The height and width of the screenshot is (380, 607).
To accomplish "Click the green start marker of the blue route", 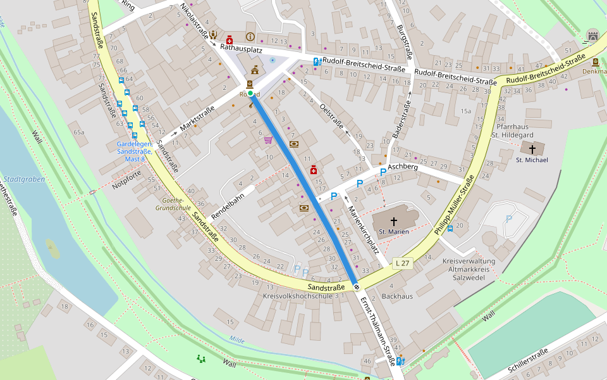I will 250,94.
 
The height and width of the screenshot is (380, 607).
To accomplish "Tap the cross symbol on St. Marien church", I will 394,221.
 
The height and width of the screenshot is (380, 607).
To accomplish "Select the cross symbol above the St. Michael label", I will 532,149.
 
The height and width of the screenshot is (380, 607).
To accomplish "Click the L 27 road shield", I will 402,263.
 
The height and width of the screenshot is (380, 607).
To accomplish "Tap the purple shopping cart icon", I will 268,139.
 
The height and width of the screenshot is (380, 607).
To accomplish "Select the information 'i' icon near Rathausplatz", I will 250,37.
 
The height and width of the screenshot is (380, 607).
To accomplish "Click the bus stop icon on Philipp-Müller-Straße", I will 450,229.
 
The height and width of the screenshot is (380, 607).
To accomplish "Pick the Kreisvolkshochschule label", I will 297,296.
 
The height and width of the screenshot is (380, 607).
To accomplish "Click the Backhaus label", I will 397,296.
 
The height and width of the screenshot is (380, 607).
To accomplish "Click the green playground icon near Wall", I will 202,359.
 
